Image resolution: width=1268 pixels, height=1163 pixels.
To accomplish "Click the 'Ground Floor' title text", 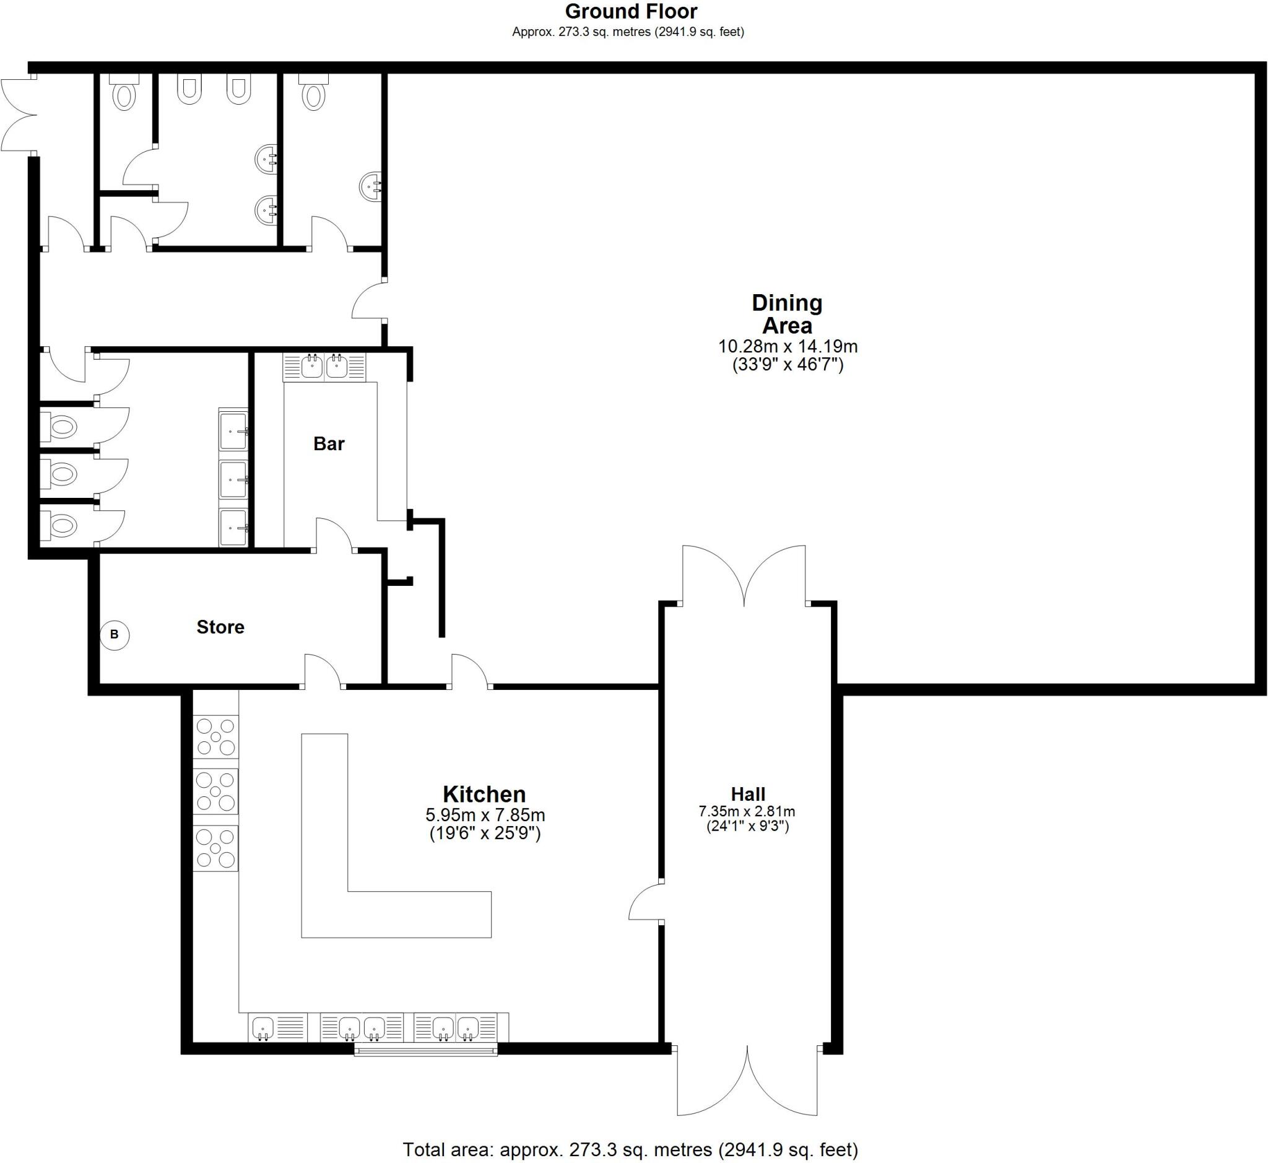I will point(630,11).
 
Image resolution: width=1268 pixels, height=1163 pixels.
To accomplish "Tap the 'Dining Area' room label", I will point(786,314).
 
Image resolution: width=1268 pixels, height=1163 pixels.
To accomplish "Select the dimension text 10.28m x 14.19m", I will point(787,346).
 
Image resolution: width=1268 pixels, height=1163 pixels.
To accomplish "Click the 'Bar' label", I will point(329,443).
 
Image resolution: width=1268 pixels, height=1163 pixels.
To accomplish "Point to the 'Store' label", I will point(220,627).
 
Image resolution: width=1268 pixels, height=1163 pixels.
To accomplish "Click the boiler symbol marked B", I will point(115,634).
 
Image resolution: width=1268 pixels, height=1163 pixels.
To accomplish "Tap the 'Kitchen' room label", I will point(484,793).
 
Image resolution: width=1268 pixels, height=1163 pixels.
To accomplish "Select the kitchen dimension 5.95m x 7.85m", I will point(485,815).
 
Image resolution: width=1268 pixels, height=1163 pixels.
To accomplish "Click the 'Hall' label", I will point(747,793).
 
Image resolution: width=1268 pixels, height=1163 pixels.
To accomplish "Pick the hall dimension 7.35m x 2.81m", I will point(747,812).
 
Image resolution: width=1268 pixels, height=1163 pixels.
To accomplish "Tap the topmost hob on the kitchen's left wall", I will point(215,736).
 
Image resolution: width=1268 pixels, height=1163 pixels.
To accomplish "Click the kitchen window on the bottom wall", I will point(425,1049).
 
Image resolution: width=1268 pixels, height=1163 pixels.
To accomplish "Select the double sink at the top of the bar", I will point(324,367).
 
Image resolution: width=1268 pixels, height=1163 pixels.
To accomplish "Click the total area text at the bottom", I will point(630,1150).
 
